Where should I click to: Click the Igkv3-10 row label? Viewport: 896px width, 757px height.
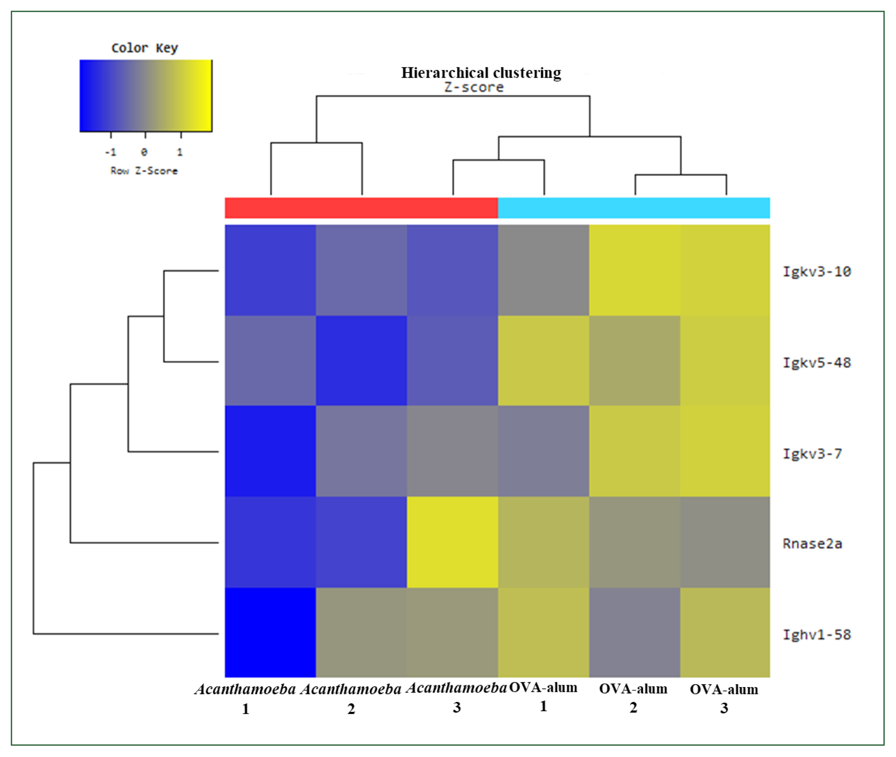816,272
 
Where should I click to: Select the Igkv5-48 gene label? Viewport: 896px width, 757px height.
816,363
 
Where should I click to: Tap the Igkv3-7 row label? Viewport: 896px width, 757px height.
812,454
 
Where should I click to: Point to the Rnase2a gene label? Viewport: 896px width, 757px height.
812,544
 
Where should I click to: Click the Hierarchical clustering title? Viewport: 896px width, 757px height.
481,73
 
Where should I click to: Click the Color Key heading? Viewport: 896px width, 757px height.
145,48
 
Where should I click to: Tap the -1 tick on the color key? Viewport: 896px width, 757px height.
110,152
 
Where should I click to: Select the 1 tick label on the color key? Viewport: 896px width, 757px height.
180,152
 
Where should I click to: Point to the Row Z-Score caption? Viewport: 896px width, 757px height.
144,171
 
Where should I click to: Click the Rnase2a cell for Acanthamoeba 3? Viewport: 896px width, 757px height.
452,542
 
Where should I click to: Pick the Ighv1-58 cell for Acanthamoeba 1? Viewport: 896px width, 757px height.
270,633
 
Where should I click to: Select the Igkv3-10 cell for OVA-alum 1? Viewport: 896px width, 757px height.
543,270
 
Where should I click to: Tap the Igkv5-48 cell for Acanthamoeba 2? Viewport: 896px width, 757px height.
361,361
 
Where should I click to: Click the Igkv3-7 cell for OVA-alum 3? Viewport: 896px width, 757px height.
725,451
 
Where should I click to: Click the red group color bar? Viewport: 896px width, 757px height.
361,208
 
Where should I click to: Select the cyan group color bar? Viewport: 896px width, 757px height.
634,208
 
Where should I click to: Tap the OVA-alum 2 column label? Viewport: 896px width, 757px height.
633,697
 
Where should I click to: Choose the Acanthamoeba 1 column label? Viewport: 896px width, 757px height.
245,698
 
